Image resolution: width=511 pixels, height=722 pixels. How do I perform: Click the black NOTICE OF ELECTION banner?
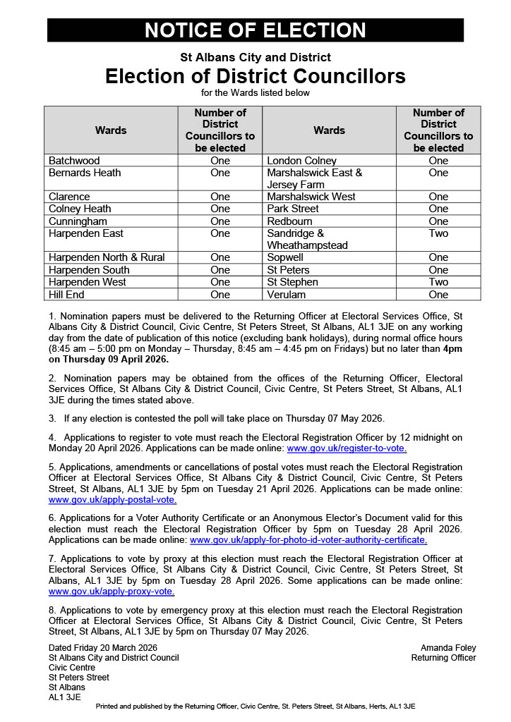pyautogui.click(x=255, y=30)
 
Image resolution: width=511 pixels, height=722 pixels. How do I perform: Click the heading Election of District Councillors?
pyautogui.click(x=255, y=76)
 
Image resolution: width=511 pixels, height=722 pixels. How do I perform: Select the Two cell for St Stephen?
pyautogui.click(x=438, y=282)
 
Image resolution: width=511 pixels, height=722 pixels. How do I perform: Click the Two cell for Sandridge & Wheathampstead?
pyautogui.click(x=438, y=233)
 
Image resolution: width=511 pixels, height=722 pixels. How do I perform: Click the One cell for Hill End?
pyautogui.click(x=220, y=294)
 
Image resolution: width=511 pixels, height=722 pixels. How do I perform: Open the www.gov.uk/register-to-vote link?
pyautogui.click(x=347, y=448)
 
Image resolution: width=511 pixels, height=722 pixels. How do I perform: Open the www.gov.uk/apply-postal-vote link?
pyautogui.click(x=112, y=500)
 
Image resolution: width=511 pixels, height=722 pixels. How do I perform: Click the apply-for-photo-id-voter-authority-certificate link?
pyautogui.click(x=308, y=540)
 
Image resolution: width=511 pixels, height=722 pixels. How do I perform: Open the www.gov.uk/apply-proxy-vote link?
pyautogui.click(x=112, y=592)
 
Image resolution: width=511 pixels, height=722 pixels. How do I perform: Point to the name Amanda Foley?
pyautogui.click(x=448, y=648)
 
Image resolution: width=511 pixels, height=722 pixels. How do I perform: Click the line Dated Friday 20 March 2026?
pyautogui.click(x=103, y=648)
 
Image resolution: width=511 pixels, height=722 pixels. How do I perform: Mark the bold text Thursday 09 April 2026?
pyautogui.click(x=114, y=359)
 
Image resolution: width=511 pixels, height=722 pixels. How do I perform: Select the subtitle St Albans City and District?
pyautogui.click(x=255, y=57)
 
